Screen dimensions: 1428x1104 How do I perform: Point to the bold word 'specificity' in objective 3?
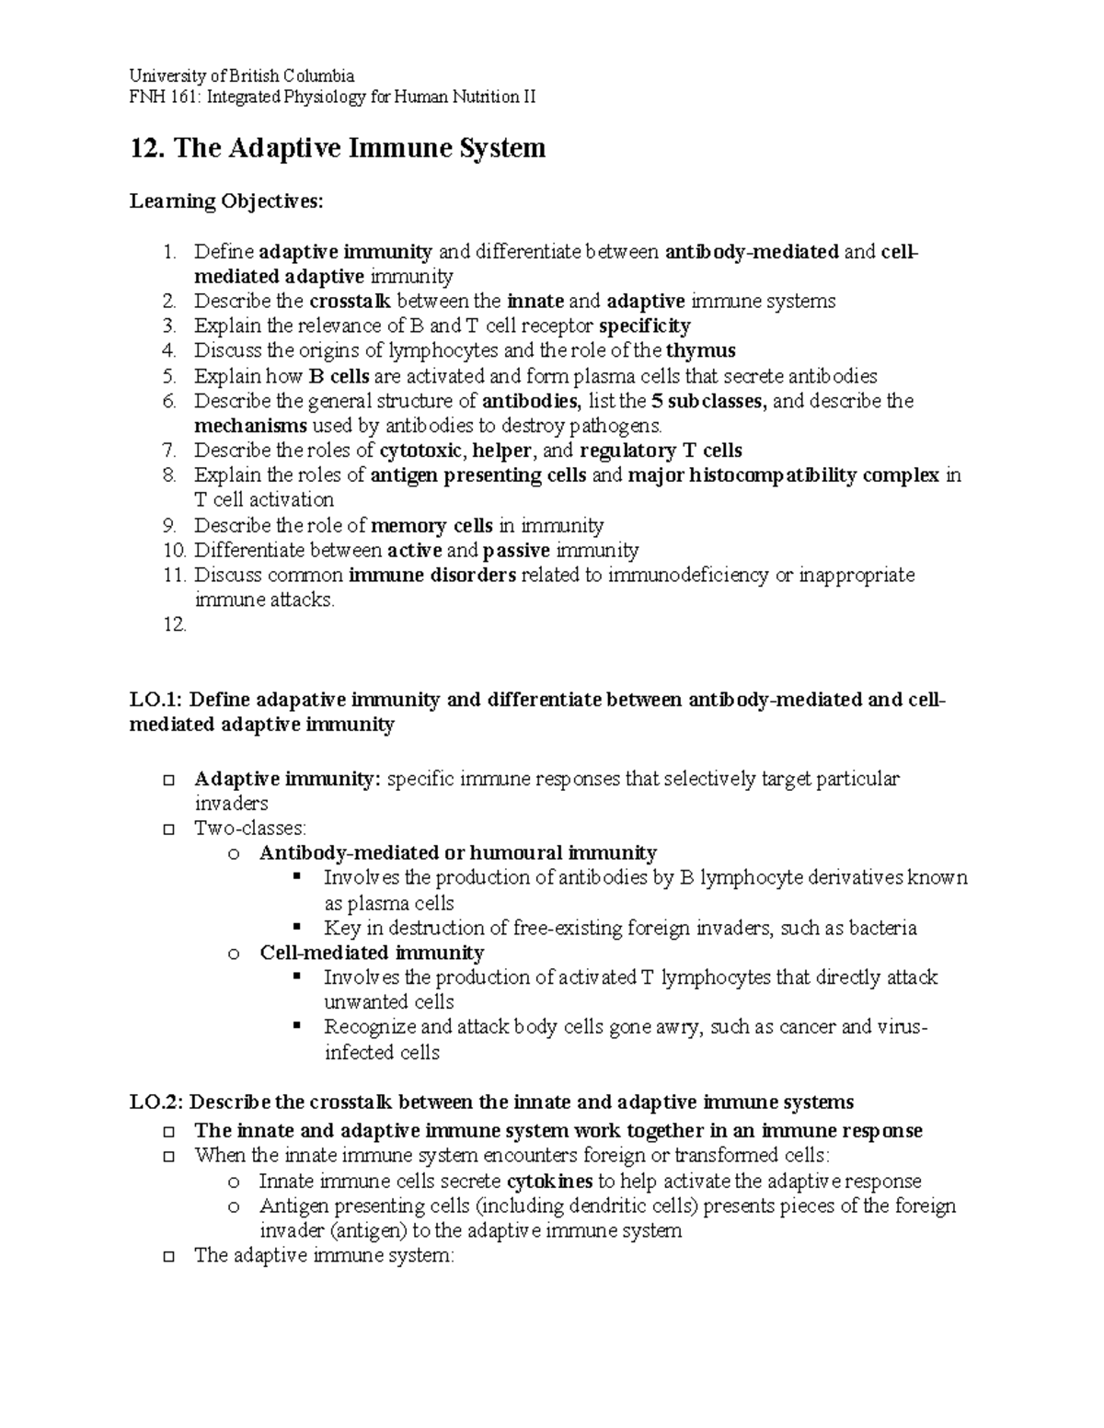click(644, 326)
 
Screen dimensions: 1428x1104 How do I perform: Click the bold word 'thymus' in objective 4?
click(701, 351)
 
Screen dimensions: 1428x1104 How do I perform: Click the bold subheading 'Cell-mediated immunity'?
click(372, 953)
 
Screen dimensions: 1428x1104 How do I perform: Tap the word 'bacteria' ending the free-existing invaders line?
click(883, 928)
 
